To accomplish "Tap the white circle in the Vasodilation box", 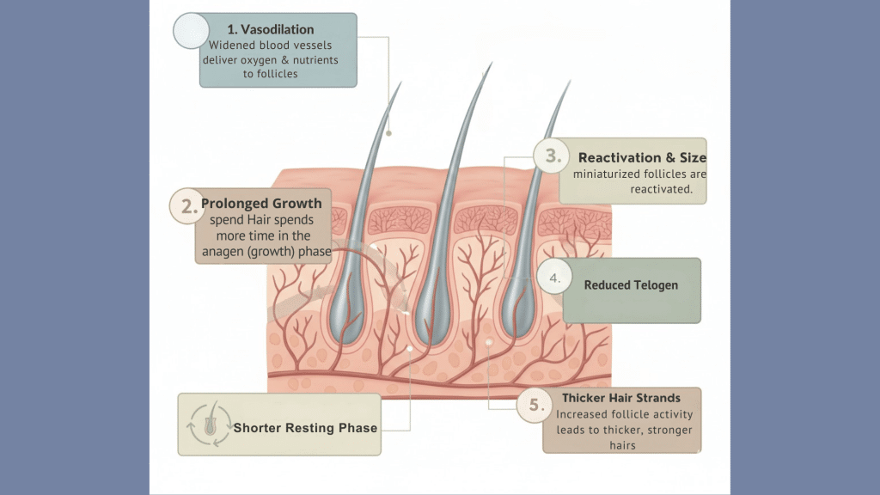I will click(x=188, y=30).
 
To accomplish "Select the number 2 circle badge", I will click(x=185, y=205).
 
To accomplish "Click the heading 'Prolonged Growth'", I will click(x=261, y=204).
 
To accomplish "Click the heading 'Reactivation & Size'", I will click(x=642, y=157).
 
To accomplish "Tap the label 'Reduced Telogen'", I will click(x=631, y=284).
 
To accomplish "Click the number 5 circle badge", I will click(x=535, y=406).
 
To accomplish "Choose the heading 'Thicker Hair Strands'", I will click(x=620, y=398).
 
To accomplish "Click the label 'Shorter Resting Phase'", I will click(x=305, y=427).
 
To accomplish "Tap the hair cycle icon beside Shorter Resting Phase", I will click(x=208, y=425).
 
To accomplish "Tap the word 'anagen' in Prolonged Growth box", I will click(x=227, y=252).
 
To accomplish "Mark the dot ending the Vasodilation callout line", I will click(x=388, y=133).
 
